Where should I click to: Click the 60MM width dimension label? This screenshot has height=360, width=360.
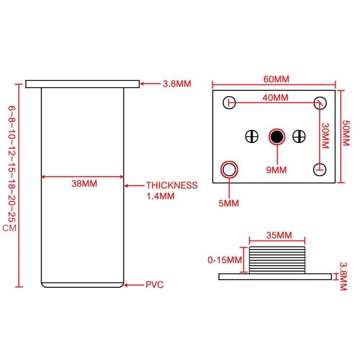(276, 79)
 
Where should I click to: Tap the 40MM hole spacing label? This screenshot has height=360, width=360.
(276, 97)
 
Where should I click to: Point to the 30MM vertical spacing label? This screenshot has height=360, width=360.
(325, 136)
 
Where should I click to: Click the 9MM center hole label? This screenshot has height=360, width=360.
(276, 170)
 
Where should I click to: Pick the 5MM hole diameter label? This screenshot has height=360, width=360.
(229, 203)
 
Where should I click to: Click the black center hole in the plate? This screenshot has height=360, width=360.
(277, 137)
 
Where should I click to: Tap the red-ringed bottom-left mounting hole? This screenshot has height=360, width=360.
(229, 170)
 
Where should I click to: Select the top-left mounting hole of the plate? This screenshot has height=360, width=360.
(229, 103)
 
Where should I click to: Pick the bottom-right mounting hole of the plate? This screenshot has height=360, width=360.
(320, 169)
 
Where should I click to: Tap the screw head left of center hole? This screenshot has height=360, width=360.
(252, 136)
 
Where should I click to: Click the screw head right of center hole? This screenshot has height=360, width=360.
(299, 136)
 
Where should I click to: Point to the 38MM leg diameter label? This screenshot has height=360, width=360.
(84, 184)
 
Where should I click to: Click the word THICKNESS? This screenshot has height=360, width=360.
(172, 185)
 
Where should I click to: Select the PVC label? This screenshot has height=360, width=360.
(154, 285)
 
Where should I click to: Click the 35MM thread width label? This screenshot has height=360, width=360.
(279, 235)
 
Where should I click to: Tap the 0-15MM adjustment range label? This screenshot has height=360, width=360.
(224, 260)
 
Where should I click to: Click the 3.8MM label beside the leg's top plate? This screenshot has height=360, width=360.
(177, 84)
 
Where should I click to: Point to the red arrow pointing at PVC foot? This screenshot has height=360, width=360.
(134, 285)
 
